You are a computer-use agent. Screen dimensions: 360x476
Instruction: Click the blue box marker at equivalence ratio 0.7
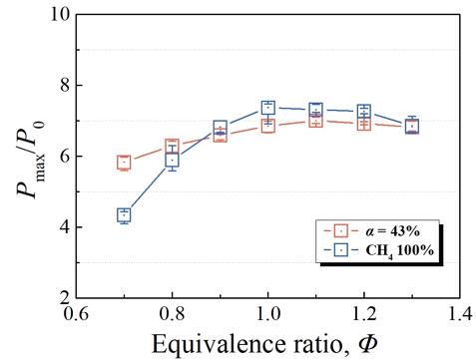coord(124,214)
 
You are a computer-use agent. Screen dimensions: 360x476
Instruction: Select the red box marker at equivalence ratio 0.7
coord(124,163)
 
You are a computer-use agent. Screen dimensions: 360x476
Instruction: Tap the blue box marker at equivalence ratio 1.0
coord(268,108)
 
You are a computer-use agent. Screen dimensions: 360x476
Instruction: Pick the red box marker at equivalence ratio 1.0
coord(268,126)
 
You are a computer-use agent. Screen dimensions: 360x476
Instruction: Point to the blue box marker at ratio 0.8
coord(172,159)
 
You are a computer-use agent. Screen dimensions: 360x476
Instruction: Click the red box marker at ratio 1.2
coord(364,124)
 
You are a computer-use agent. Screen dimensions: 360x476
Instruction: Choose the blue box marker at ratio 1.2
coord(364,112)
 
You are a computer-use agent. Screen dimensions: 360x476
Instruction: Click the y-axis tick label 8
coord(64,86)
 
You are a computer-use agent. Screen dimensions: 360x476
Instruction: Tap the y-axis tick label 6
coord(64,157)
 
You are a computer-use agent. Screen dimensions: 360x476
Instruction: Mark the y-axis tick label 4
coord(64,227)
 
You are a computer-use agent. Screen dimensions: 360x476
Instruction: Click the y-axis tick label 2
coord(64,297)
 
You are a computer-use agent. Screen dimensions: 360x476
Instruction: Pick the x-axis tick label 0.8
coord(172,314)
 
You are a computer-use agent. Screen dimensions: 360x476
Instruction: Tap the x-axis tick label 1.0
coord(268,314)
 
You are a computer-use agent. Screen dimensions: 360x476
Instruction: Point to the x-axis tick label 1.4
coord(460,314)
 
